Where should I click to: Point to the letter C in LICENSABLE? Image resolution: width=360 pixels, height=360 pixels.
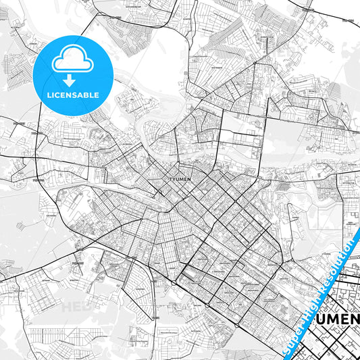[x=57, y=96]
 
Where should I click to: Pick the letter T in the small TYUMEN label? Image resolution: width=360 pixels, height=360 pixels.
[x=168, y=179]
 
